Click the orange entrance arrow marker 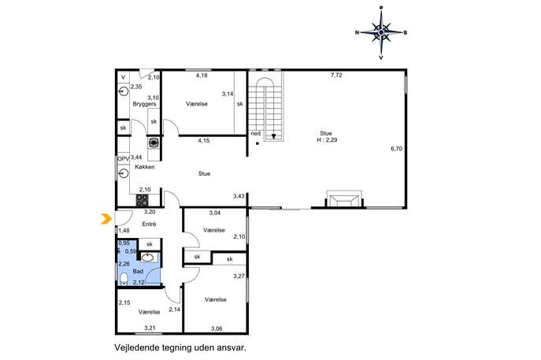(x=106, y=219)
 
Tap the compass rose (x=381, y=32)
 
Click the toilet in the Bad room (x=124, y=279)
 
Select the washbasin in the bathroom (x=148, y=258)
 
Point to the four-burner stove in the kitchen (x=143, y=200)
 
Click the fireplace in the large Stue (x=344, y=199)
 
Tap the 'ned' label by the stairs (x=256, y=134)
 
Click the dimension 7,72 (x=336, y=75)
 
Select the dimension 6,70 (x=396, y=149)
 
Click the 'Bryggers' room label (x=144, y=104)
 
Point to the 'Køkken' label (x=145, y=167)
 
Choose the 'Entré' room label (x=149, y=224)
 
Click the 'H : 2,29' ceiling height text (x=327, y=139)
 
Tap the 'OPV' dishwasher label (x=123, y=159)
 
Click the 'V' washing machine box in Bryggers (x=123, y=77)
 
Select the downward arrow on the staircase (x=273, y=136)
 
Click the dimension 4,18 (x=202, y=76)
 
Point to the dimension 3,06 (x=217, y=328)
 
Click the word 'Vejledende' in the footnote (x=137, y=347)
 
